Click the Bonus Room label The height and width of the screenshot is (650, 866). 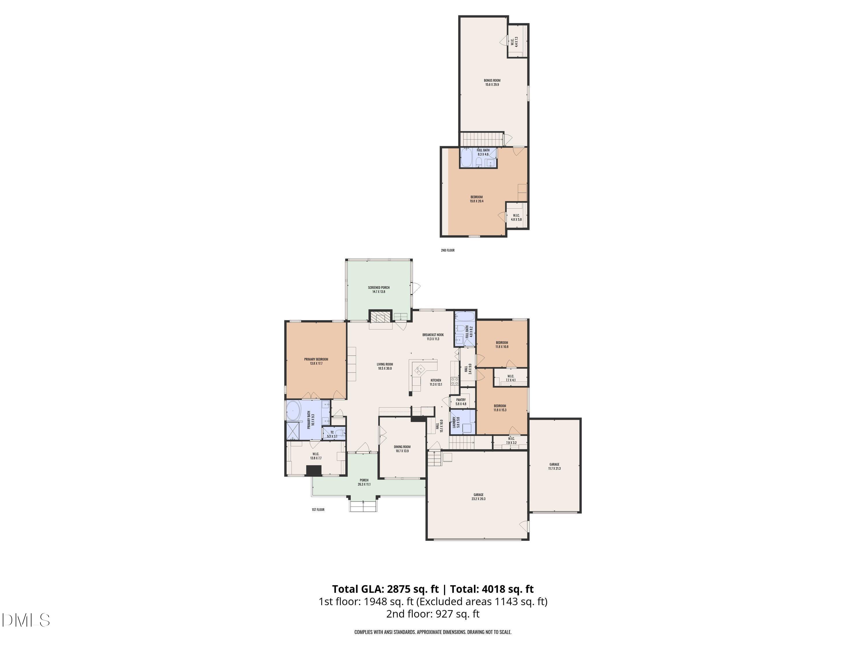pyautogui.click(x=492, y=82)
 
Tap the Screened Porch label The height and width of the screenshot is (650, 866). pyautogui.click(x=378, y=289)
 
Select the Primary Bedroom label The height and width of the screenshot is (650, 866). pyautogui.click(x=316, y=361)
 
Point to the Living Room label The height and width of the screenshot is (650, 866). pyautogui.click(x=385, y=366)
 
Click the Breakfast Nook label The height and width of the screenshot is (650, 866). pyautogui.click(x=433, y=337)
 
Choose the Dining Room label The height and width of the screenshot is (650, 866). pyautogui.click(x=402, y=449)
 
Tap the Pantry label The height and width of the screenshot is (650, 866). pyautogui.click(x=461, y=402)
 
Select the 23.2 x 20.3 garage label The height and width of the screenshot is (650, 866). pyautogui.click(x=478, y=497)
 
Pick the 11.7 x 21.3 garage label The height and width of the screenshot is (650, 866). pyautogui.click(x=554, y=466)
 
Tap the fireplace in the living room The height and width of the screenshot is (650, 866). pyautogui.click(x=380, y=317)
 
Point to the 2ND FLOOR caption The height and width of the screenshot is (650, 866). pyautogui.click(x=447, y=250)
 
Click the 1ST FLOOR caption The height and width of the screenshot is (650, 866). pyautogui.click(x=318, y=510)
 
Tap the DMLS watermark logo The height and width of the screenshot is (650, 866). pyautogui.click(x=25, y=620)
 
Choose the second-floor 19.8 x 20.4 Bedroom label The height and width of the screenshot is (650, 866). pyautogui.click(x=477, y=199)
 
